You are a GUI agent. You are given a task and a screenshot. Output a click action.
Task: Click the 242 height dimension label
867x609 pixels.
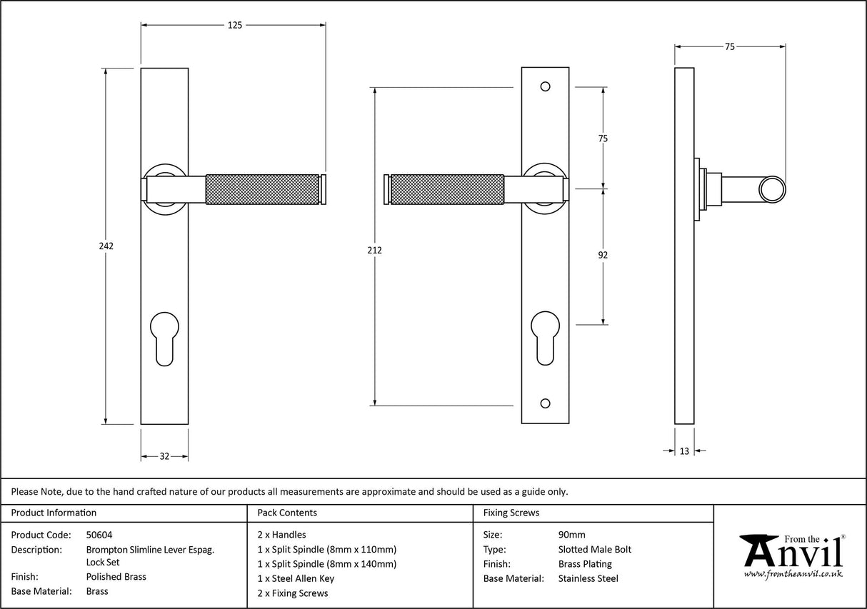[106, 246]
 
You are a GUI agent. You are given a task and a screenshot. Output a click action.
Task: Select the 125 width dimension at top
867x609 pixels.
[234, 25]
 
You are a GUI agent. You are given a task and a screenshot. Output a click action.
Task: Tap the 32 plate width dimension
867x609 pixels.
[164, 456]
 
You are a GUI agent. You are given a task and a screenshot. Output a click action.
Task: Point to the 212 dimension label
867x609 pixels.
[375, 250]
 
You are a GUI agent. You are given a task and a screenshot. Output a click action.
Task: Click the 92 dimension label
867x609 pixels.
[603, 254]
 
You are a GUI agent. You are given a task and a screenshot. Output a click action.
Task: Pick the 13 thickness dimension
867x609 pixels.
[684, 451]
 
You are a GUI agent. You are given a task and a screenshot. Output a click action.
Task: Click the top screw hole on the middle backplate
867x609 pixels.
[546, 86]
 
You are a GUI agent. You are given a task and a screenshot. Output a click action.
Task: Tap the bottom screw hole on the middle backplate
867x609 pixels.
[546, 404]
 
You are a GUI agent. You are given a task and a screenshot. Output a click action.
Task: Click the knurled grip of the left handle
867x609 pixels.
[261, 188]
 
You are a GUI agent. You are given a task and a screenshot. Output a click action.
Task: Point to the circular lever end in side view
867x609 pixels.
[771, 188]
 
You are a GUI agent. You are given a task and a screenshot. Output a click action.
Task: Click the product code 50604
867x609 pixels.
[99, 535]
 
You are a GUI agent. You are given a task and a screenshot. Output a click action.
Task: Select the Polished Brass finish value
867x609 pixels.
[116, 577]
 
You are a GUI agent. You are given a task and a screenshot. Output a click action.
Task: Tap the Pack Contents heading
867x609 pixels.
[287, 513]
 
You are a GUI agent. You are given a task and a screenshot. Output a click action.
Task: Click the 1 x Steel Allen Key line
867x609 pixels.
[296, 578]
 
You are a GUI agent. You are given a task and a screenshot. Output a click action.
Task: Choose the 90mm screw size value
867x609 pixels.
[571, 535]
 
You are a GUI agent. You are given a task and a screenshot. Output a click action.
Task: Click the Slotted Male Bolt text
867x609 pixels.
[594, 549]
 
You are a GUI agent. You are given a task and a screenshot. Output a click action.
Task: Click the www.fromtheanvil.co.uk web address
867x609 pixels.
[793, 574]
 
